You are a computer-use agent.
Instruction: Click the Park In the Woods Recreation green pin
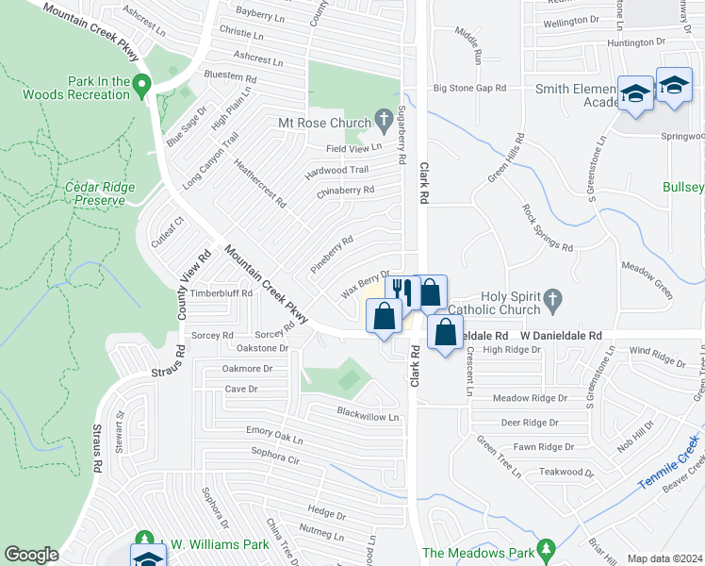click(141, 85)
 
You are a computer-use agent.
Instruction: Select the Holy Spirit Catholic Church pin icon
click(553, 300)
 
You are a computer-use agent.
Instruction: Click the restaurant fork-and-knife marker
click(402, 290)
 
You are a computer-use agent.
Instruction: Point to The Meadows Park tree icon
click(546, 549)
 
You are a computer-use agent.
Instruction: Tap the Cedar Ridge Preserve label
click(94, 193)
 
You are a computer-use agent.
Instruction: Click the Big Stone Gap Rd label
click(469, 88)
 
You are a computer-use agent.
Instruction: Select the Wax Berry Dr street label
click(365, 279)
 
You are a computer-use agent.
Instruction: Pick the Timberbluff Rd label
click(221, 293)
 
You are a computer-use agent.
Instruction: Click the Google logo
click(31, 555)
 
